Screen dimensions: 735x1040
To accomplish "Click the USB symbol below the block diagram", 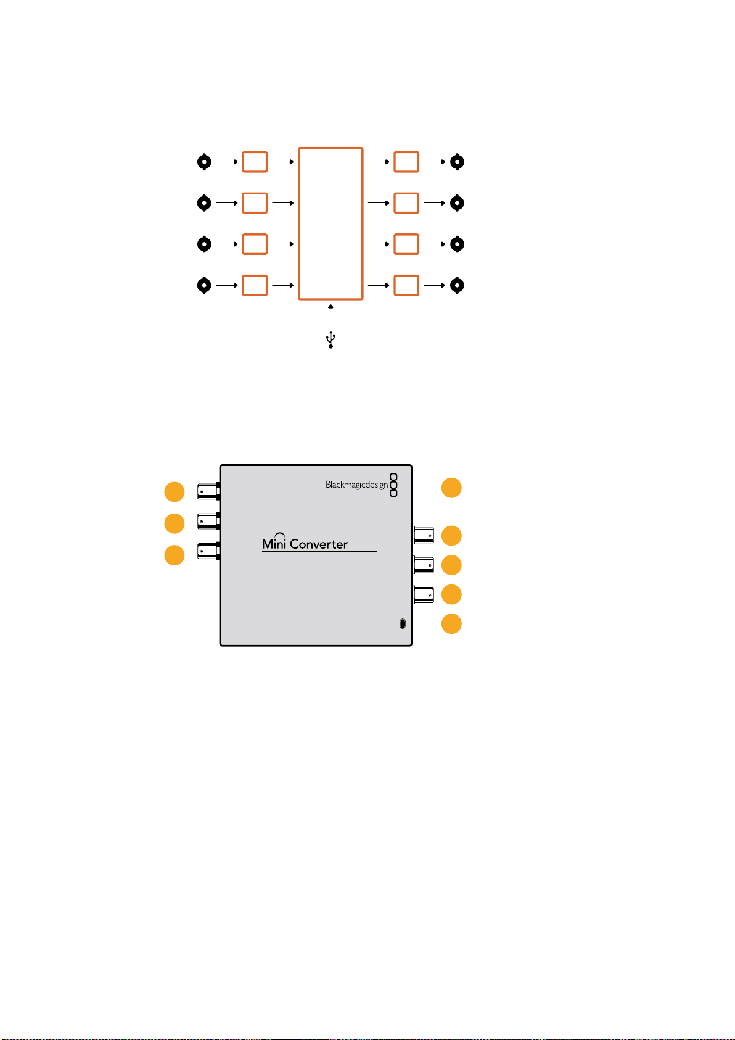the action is coord(331,339).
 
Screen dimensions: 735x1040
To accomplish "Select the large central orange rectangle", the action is coord(298,223).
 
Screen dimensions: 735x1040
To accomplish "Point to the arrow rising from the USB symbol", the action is coord(331,315).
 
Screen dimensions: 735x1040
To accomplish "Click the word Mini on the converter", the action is coord(274,542).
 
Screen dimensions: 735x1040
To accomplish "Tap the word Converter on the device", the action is coord(319,544).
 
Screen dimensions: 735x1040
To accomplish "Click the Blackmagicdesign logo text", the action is coord(356,485).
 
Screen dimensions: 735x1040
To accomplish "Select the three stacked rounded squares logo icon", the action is coord(393,485).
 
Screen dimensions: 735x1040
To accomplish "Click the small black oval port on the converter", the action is coord(403,623).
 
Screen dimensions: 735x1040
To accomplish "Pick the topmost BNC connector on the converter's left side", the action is coord(208,491).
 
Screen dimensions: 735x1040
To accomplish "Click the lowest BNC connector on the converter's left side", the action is coord(208,551).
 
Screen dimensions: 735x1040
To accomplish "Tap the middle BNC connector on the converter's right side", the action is coord(424,565).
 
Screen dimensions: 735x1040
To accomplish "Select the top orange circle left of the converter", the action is coord(175,492).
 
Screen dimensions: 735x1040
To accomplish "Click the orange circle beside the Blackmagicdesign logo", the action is coord(451,488).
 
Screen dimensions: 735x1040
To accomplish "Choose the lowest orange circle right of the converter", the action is coord(451,623).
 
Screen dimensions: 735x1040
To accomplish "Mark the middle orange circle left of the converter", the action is coord(175,523).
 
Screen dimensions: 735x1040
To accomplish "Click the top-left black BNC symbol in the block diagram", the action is coord(204,162).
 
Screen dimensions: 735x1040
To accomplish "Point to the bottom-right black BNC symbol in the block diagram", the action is coord(458,285).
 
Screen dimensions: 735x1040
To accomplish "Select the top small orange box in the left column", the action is coord(255,162).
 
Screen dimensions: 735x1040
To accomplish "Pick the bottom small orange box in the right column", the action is coord(406,285).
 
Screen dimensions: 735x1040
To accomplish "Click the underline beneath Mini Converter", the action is coord(319,552).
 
